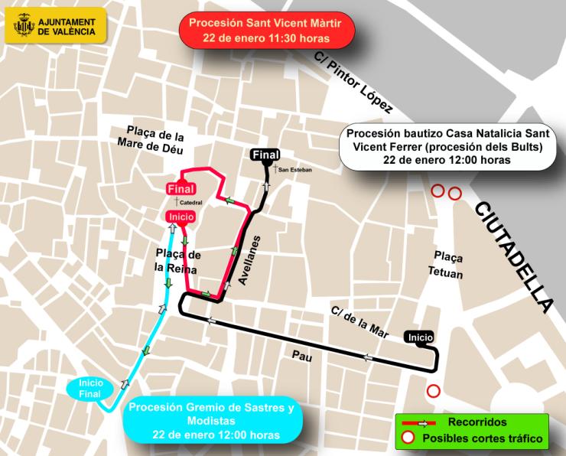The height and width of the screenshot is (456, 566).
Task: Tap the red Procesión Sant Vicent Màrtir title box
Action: (266, 30)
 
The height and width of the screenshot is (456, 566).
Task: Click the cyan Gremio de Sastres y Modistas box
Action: (212, 421)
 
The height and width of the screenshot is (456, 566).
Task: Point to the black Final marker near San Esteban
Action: (265, 155)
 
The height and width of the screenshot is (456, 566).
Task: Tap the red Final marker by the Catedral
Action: (181, 188)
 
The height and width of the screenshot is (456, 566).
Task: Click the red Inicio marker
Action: (181, 217)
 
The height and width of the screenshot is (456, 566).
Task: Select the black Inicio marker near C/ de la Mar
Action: (421, 337)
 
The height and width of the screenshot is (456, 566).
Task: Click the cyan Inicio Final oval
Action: (91, 389)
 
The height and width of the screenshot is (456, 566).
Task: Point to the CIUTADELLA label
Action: (513, 256)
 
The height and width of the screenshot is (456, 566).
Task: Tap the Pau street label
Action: (303, 354)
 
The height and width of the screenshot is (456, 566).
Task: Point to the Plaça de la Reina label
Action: (177, 261)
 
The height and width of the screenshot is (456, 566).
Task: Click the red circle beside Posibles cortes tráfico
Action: (408, 438)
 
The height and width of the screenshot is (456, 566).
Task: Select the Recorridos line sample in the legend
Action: (418, 422)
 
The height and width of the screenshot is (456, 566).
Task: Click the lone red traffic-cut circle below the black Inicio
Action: (434, 391)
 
